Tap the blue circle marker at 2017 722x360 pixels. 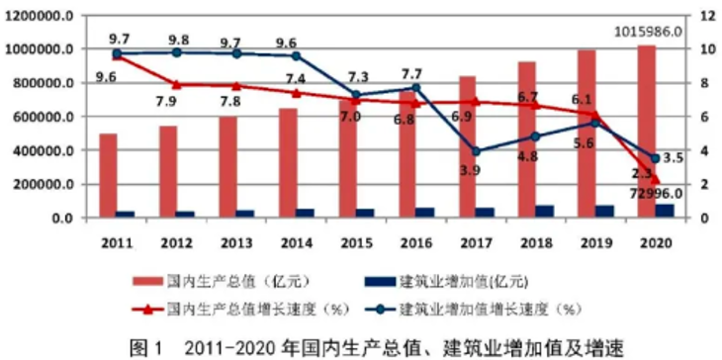click(x=476, y=151)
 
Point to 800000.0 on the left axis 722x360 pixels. click(x=43, y=83)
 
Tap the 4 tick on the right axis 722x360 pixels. click(x=703, y=151)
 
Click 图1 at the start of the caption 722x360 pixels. click(x=147, y=346)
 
